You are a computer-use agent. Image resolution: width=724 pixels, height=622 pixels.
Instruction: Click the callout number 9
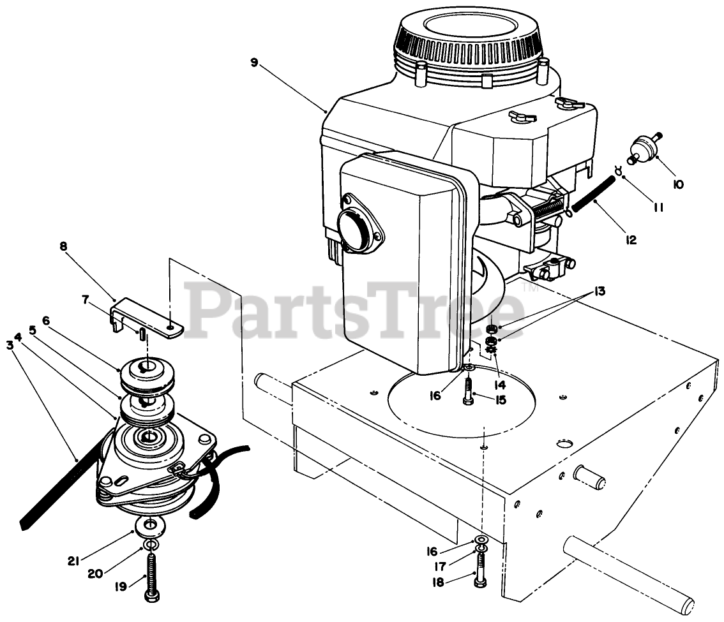(x=254, y=62)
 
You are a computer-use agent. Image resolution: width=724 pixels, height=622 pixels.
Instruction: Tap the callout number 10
(x=677, y=184)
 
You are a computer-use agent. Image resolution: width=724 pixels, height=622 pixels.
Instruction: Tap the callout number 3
(x=9, y=344)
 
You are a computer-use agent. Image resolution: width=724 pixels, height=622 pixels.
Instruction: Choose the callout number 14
(x=499, y=385)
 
